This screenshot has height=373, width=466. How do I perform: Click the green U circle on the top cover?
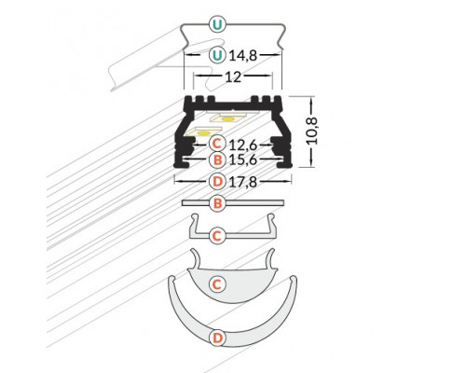[217, 23]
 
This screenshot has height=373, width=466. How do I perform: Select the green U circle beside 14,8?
[217, 55]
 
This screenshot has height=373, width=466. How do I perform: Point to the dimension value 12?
[233, 76]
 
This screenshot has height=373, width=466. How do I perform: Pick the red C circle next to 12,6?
[216, 144]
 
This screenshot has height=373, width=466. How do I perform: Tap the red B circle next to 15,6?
[216, 161]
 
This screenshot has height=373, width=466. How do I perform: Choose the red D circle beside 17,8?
[216, 180]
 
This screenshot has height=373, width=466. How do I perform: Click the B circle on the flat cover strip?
[216, 202]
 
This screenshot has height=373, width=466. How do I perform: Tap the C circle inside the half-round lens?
[216, 283]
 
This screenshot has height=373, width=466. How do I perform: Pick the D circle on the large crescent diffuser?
[216, 336]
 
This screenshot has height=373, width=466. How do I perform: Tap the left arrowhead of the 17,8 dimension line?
[177, 180]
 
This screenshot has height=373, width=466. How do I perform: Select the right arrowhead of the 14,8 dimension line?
[278, 55]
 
